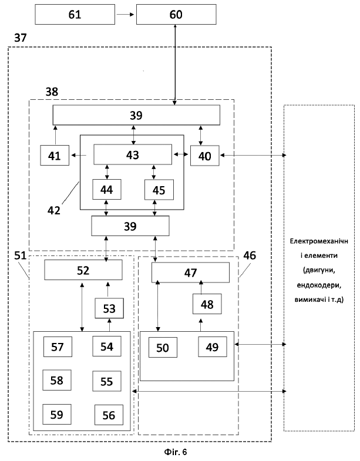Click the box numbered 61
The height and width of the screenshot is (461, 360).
pos(75,14)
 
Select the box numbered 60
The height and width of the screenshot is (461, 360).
pos(176,14)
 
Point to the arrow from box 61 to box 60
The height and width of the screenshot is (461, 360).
pos(125,14)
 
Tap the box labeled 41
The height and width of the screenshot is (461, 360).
pos(55,155)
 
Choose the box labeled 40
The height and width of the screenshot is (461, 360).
pos(205,156)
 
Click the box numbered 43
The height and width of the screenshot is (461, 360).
pos(133,154)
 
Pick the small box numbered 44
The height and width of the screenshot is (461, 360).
pos(107,189)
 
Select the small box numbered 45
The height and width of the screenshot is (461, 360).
pos(159,190)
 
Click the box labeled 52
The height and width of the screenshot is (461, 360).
pos(83,270)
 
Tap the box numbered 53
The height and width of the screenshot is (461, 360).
pos(109,308)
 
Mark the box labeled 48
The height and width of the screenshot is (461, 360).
pos(207,304)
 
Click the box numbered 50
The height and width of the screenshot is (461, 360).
pos(163,347)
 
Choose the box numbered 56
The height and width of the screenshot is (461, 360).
pos(109,415)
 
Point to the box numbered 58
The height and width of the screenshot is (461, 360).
pos(57,380)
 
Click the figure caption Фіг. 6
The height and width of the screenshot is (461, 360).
pos(176,452)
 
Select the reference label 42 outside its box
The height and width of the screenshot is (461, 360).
pos(54,210)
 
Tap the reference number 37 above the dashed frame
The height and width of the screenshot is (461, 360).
pos(21,38)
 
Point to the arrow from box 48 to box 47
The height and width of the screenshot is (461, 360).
pos(201,287)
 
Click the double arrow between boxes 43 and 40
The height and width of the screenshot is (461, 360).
pos(181,154)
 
